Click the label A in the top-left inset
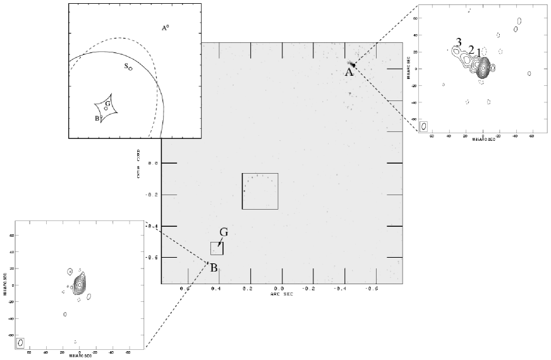point(163,28)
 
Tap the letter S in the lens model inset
point(126,66)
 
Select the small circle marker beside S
point(131,68)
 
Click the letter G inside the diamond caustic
point(108,103)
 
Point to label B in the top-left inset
point(97,117)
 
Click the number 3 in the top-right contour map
point(459,42)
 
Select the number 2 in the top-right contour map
point(471,49)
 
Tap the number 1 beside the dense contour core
point(479,52)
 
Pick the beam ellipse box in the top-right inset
point(423,126)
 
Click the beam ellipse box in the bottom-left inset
point(21,342)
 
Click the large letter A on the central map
point(348,73)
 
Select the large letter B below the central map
point(214,268)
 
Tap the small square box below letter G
point(217,248)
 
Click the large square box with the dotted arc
point(260,191)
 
